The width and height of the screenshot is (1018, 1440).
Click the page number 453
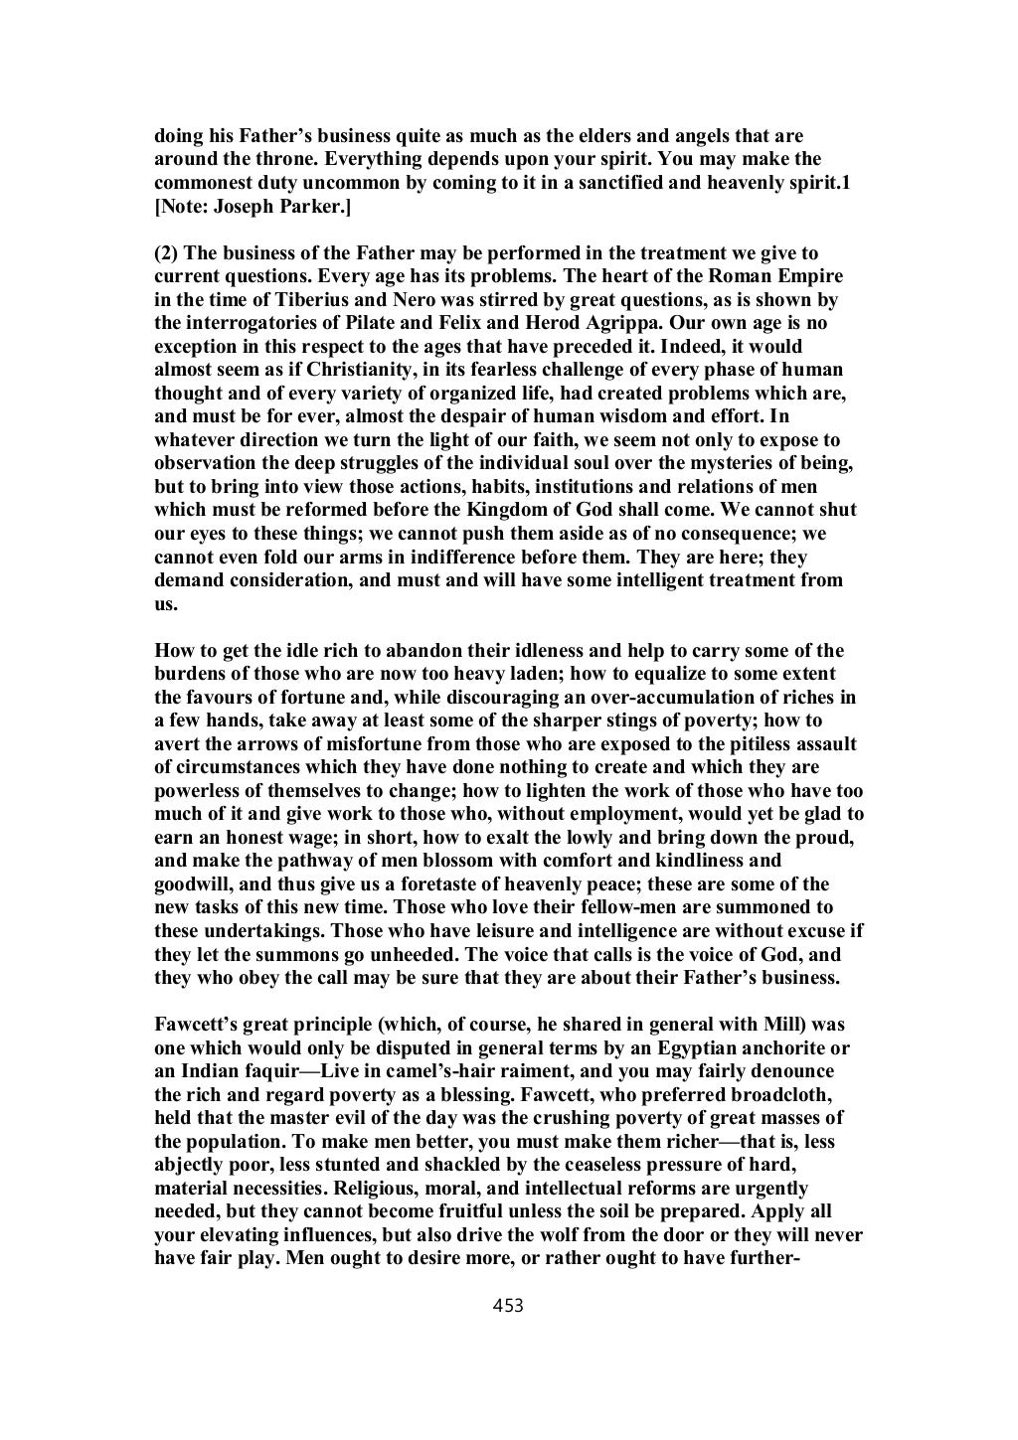pyautogui.click(x=508, y=1306)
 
